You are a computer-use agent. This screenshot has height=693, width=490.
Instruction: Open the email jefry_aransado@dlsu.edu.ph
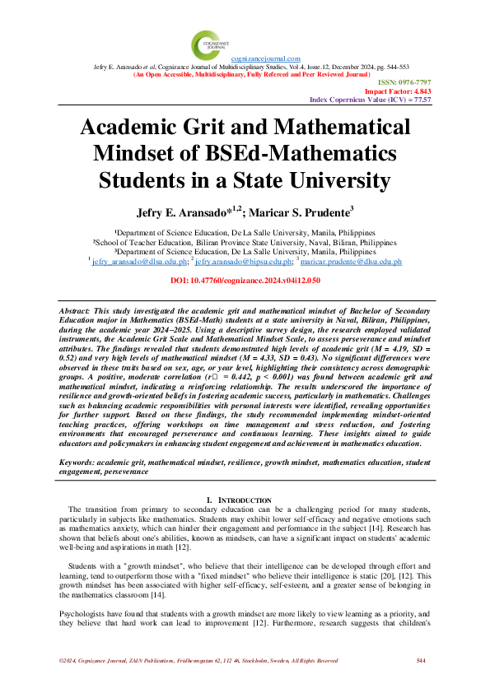coord(139,261)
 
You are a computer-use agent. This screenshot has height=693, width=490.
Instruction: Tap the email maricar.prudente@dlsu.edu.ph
coord(351,261)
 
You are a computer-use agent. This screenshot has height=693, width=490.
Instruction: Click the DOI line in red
coord(245,281)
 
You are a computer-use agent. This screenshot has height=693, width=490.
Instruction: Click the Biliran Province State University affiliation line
coord(245,244)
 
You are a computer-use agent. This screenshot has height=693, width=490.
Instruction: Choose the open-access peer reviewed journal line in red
coord(245,74)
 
